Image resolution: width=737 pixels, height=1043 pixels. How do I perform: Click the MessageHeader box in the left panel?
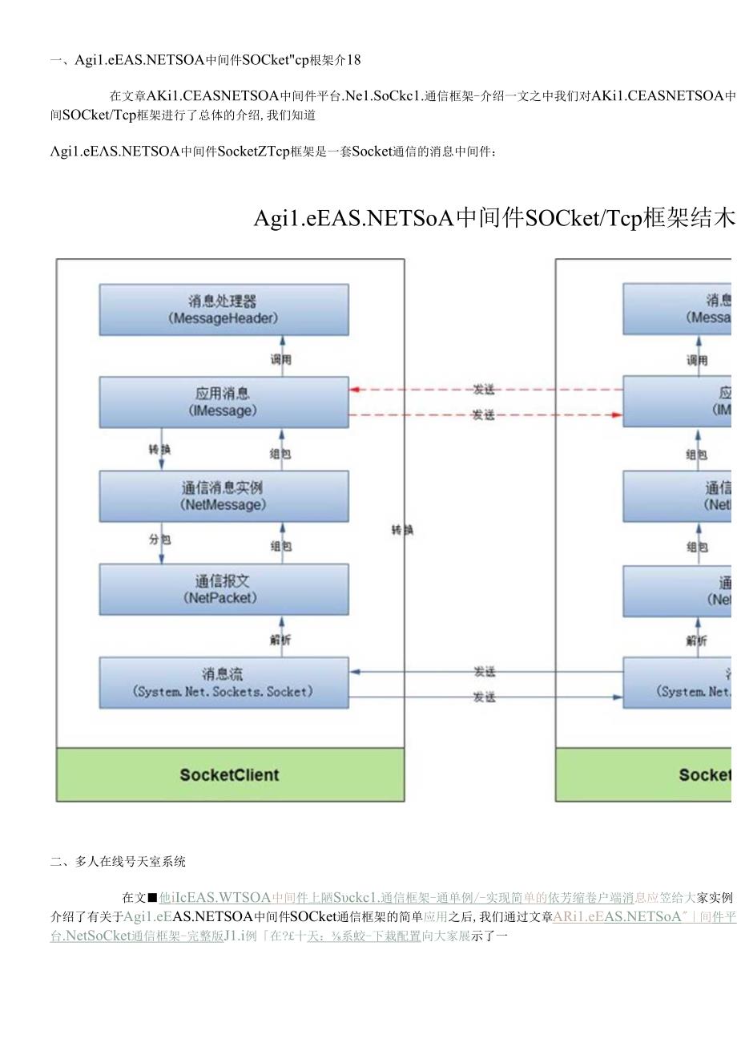(224, 309)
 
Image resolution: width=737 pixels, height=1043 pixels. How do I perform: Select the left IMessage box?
(224, 402)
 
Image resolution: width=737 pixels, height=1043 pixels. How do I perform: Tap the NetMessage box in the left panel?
(224, 496)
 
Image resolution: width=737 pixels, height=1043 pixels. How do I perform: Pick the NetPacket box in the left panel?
(224, 589)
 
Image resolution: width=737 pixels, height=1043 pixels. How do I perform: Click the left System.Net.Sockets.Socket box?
(224, 682)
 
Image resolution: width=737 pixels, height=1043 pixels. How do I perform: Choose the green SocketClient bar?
(230, 774)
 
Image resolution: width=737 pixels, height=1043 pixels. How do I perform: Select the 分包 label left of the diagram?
(159, 540)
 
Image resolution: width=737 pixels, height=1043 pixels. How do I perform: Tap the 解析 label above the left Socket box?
(281, 640)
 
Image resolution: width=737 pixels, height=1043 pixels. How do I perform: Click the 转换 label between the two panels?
(402, 530)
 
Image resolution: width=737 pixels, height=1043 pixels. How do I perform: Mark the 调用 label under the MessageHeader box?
(281, 360)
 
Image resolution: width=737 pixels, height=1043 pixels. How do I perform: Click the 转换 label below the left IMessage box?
(159, 450)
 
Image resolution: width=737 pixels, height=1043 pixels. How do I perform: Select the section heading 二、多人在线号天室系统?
(118, 862)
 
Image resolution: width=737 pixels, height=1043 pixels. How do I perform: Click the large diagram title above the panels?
(493, 218)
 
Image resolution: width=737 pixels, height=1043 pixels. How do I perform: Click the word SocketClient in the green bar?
(230, 774)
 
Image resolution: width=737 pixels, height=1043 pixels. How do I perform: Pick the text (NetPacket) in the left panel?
(224, 598)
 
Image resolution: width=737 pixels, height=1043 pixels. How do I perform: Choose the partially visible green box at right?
(644, 774)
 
